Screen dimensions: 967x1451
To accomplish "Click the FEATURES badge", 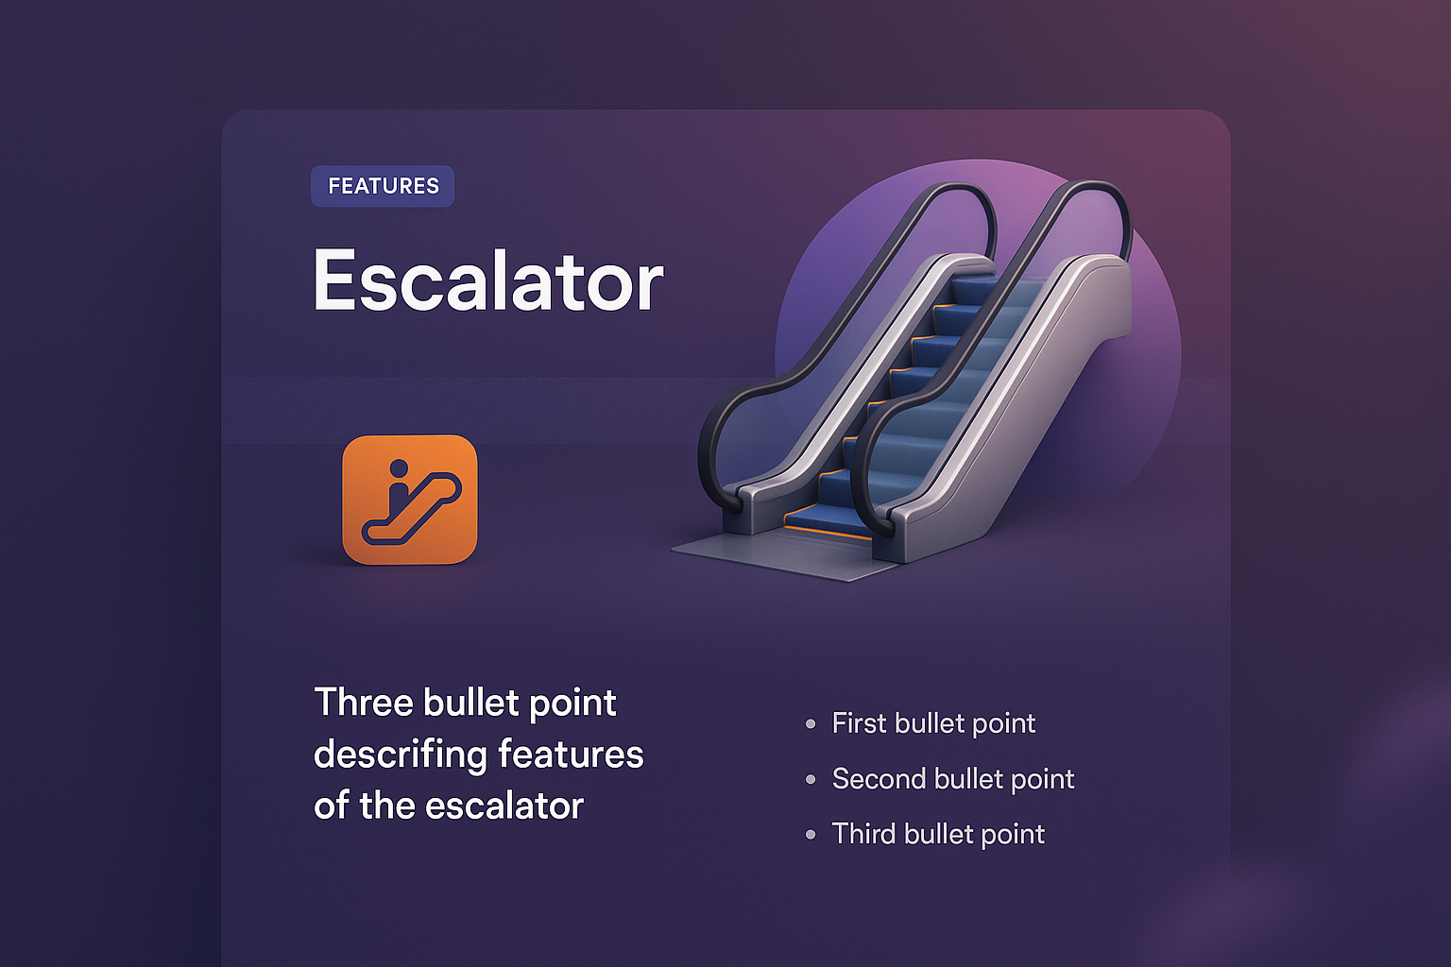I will pyautogui.click(x=383, y=186).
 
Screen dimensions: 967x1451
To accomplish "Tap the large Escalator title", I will pyautogui.click(x=488, y=280).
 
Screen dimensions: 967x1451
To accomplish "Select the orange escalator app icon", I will pyautogui.click(x=409, y=500).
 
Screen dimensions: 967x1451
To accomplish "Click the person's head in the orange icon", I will pyautogui.click(x=398, y=467).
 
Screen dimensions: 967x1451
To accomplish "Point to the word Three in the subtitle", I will pyautogui.click(x=364, y=703).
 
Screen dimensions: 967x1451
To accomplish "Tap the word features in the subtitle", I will pyautogui.click(x=571, y=755).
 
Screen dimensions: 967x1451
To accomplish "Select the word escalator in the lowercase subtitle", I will pyautogui.click(x=504, y=806).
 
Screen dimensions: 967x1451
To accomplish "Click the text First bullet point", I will pyautogui.click(x=933, y=723).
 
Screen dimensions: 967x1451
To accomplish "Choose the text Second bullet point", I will pyautogui.click(x=953, y=779).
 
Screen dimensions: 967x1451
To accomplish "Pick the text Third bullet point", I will pyautogui.click(x=938, y=834).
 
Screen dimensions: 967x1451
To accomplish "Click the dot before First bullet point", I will pyautogui.click(x=811, y=724).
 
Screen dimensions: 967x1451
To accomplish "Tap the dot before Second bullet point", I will pyautogui.click(x=811, y=780).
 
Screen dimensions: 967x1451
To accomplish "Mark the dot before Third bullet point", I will pyautogui.click(x=811, y=835).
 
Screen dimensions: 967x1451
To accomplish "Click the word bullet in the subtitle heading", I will pyautogui.click(x=470, y=703).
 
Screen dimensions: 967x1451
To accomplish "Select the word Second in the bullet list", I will pyautogui.click(x=878, y=779).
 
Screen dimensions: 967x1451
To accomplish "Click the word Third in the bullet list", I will pyautogui.click(x=863, y=834).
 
